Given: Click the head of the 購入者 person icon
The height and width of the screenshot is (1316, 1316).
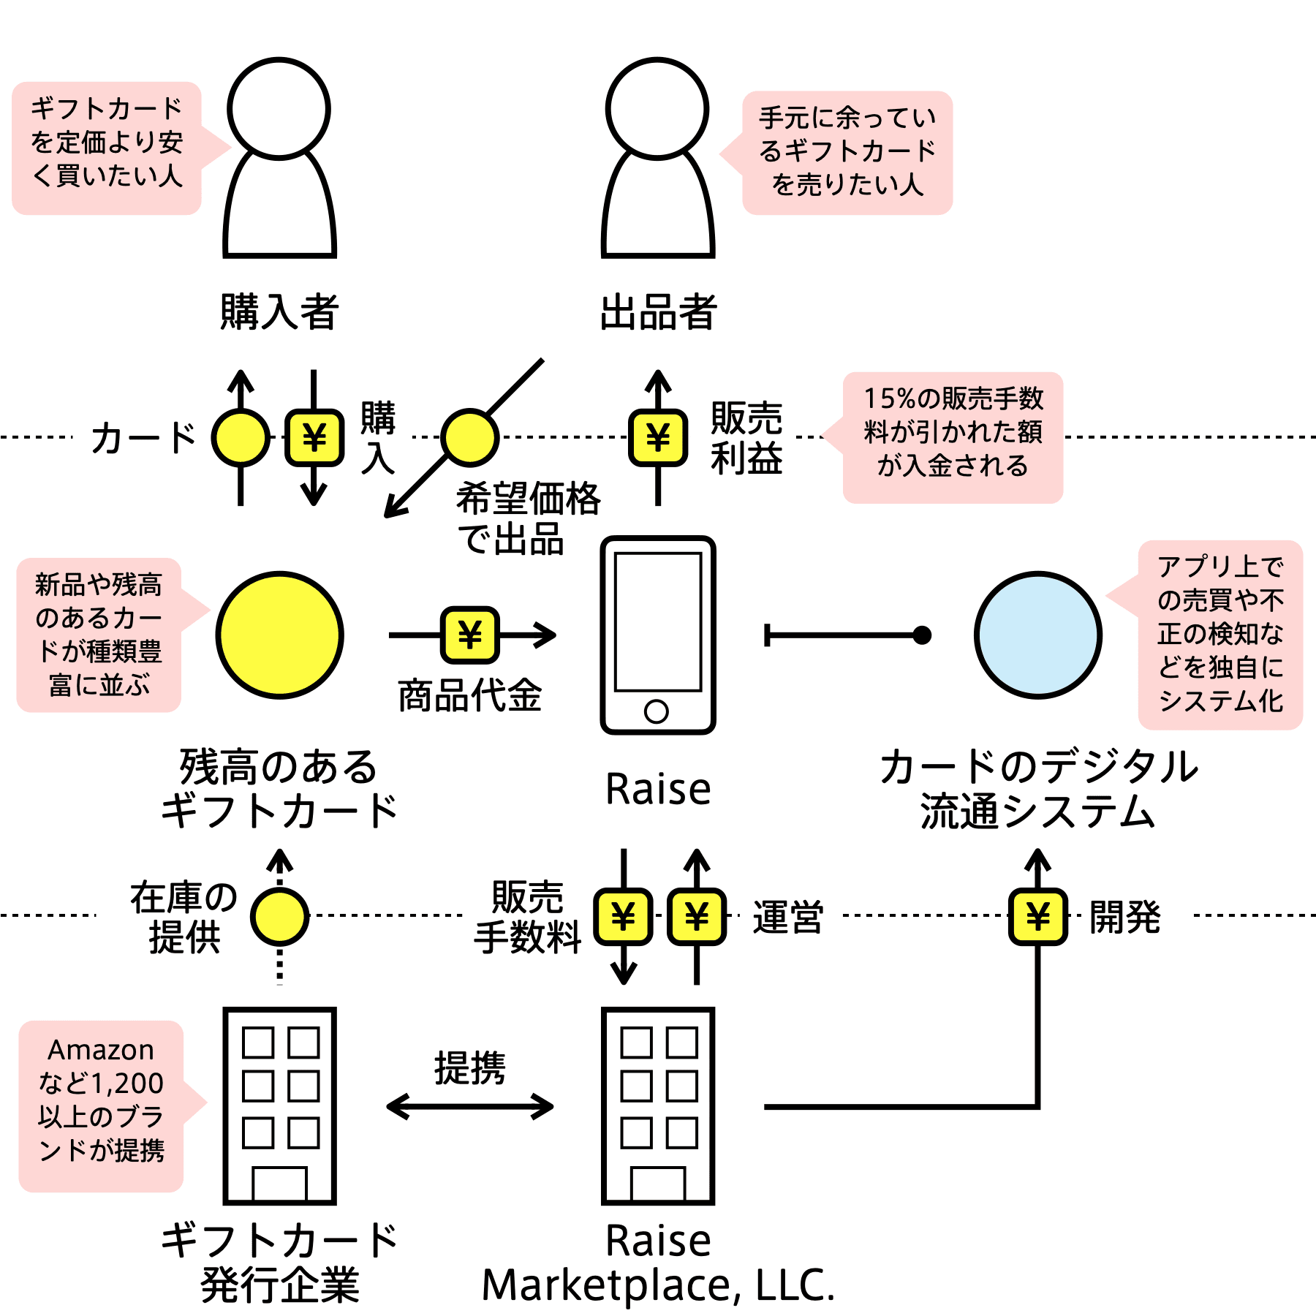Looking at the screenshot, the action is tap(279, 108).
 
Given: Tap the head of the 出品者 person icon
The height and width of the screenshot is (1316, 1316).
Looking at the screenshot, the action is tap(657, 108).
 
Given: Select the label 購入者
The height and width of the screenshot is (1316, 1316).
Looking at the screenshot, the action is tap(279, 311).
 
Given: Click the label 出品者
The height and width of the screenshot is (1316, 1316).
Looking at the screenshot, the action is tap(658, 311).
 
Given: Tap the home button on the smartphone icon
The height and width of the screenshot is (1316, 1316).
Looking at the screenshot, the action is tap(657, 711).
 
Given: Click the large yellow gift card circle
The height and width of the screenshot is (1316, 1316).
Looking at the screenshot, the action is tap(279, 635).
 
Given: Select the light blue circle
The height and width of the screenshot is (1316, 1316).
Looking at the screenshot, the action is tap(1037, 635).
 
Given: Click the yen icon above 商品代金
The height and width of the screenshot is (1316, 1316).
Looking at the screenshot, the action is tap(470, 635).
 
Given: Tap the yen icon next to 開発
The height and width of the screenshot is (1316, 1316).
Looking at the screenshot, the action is tap(1037, 916).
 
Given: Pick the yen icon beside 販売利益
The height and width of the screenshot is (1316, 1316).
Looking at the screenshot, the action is tap(658, 437).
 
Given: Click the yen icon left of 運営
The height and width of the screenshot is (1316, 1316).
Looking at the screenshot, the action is tap(697, 916).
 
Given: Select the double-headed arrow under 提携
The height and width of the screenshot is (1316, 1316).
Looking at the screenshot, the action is tap(470, 1106).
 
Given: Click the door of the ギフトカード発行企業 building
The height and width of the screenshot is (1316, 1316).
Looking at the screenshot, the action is tap(279, 1184).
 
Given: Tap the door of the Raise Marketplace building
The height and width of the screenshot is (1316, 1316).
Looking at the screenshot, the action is tap(658, 1184).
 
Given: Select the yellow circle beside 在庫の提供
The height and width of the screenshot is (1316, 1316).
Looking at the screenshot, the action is tap(279, 916).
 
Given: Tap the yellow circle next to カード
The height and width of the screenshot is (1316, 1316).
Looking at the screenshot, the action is tap(241, 437).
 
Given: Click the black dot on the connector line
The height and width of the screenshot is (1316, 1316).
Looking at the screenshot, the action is tap(923, 635).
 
